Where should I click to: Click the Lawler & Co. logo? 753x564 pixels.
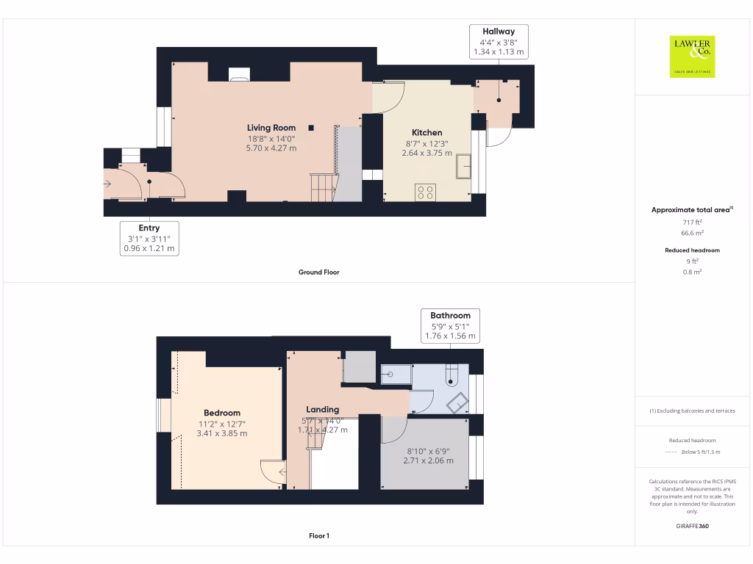pyautogui.click(x=692, y=57)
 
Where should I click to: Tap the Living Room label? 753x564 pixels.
pyautogui.click(x=271, y=128)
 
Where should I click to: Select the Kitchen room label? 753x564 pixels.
pyautogui.click(x=427, y=133)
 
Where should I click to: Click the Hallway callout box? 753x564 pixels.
pyautogui.click(x=499, y=42)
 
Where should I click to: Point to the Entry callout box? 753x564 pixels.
pyautogui.click(x=149, y=238)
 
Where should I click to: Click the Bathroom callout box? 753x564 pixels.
pyautogui.click(x=451, y=325)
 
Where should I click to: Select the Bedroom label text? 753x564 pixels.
pyautogui.click(x=222, y=413)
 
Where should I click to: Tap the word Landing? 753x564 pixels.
pyautogui.click(x=323, y=409)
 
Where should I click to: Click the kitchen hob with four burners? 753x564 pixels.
pyautogui.click(x=425, y=192)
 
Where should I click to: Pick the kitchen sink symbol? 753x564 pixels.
pyautogui.click(x=464, y=166)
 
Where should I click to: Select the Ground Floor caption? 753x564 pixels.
pyautogui.click(x=318, y=272)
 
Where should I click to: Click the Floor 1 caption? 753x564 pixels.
pyautogui.click(x=318, y=536)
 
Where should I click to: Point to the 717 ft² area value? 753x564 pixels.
pyautogui.click(x=691, y=222)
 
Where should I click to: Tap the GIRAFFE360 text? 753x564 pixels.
pyautogui.click(x=691, y=526)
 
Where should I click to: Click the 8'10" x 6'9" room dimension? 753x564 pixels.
pyautogui.click(x=428, y=451)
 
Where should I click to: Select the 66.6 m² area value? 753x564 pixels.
pyautogui.click(x=691, y=233)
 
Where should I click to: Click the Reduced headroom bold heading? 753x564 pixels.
pyautogui.click(x=692, y=250)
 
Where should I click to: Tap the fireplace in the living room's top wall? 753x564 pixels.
pyautogui.click(x=239, y=73)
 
